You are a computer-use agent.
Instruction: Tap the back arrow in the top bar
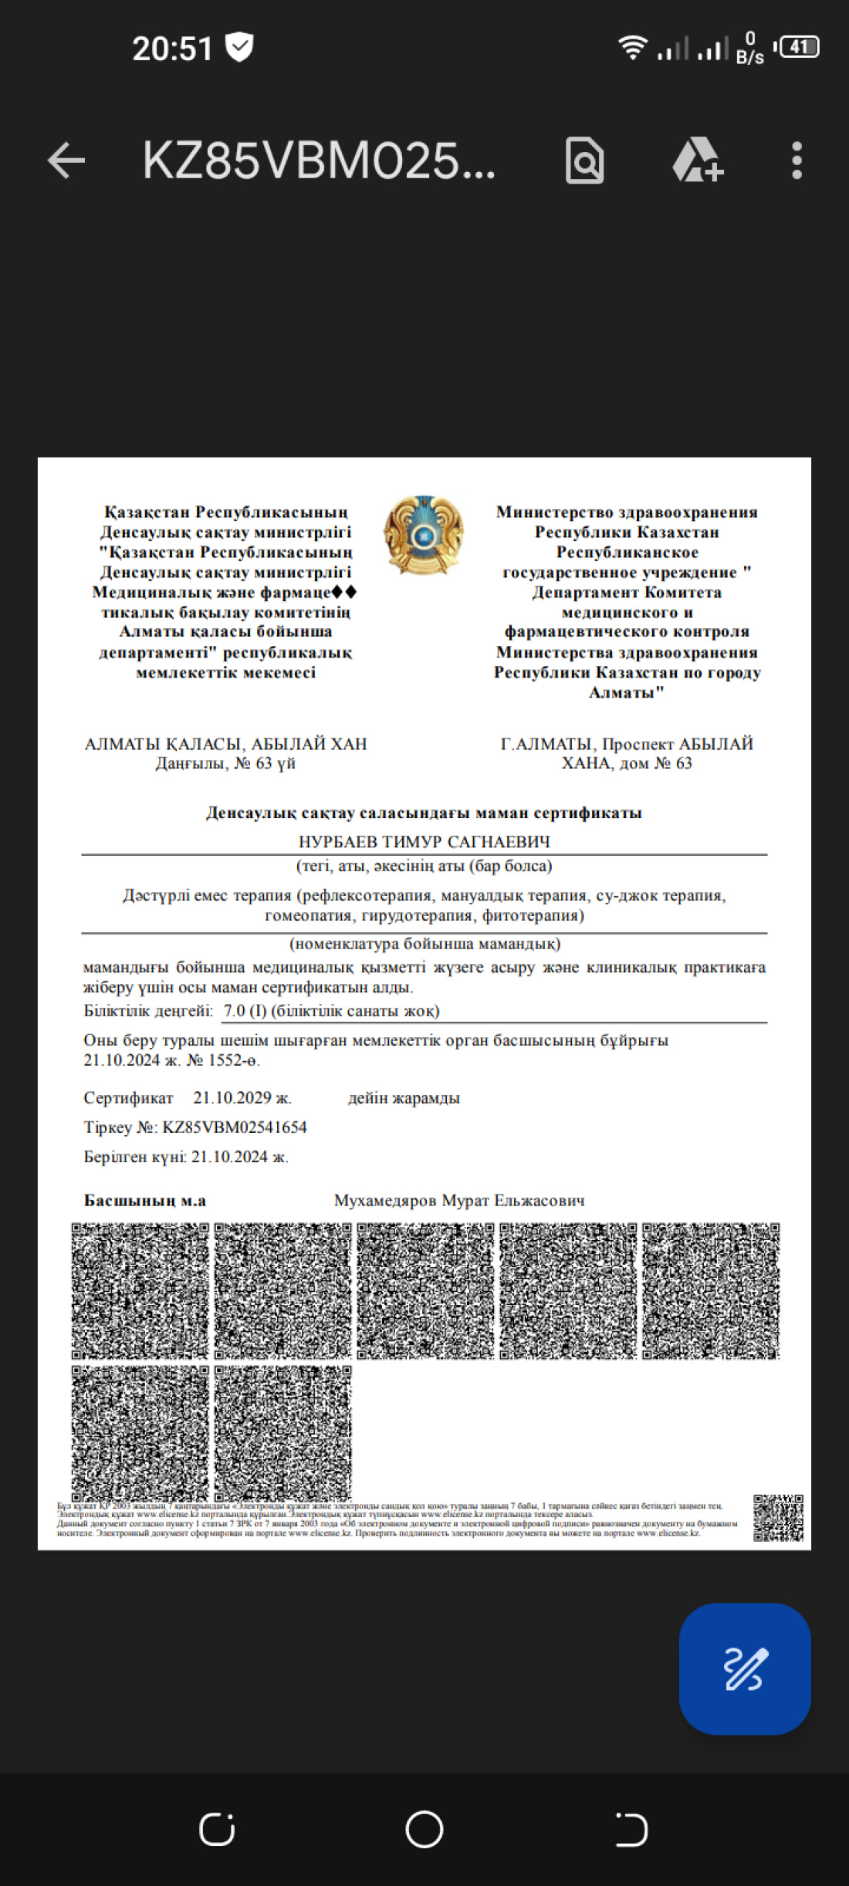coord(66,161)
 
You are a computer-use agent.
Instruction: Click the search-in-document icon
coord(584,161)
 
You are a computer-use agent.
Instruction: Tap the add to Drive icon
coord(697,161)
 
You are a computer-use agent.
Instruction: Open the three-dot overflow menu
coord(797,161)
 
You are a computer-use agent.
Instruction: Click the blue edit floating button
coord(745,1668)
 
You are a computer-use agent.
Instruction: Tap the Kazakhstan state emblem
coord(423,536)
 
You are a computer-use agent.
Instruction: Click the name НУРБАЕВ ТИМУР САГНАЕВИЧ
coord(424,841)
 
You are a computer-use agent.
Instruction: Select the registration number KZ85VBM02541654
coord(234,1127)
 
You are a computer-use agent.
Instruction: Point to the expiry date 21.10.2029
coord(242,1097)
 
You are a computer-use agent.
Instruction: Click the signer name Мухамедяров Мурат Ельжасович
coord(459,1200)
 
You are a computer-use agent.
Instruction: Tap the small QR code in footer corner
coord(778,1517)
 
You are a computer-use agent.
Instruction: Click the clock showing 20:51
coord(172,49)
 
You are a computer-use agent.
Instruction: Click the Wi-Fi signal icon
coord(632,48)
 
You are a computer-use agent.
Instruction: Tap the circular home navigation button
coord(424,1829)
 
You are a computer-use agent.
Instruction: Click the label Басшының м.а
coord(145,1200)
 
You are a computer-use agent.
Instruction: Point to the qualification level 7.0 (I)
coord(245,1010)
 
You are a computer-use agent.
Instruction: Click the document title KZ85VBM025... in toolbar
coord(318,161)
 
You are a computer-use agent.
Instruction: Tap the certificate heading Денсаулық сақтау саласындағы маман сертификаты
coord(424,813)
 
